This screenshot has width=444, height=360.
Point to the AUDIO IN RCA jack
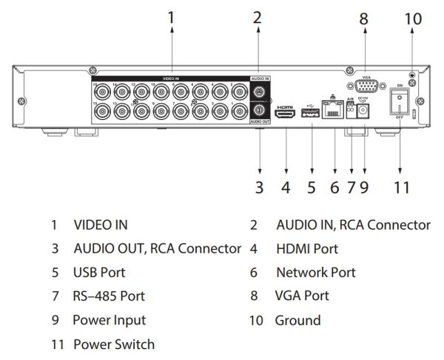point(260,93)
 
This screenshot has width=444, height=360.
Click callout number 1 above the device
point(172,16)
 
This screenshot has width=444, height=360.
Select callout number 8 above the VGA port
point(364,18)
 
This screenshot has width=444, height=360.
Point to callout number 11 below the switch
point(400,187)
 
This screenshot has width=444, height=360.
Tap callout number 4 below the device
point(286,187)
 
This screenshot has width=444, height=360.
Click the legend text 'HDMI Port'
point(307,248)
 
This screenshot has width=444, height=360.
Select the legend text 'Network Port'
point(316,273)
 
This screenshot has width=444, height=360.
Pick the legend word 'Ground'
point(297,320)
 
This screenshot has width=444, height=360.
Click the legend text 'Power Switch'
point(114,344)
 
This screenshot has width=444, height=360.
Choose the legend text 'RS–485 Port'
point(109,296)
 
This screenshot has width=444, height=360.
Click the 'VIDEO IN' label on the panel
point(172,78)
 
